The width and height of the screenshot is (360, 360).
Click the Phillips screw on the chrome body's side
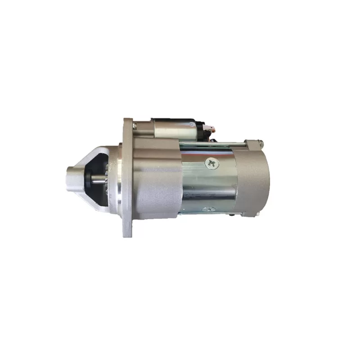(211, 163)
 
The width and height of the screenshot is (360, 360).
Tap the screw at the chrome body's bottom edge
(208, 209)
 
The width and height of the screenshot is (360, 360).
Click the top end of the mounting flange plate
(128, 124)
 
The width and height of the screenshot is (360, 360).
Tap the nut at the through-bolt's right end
(260, 144)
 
